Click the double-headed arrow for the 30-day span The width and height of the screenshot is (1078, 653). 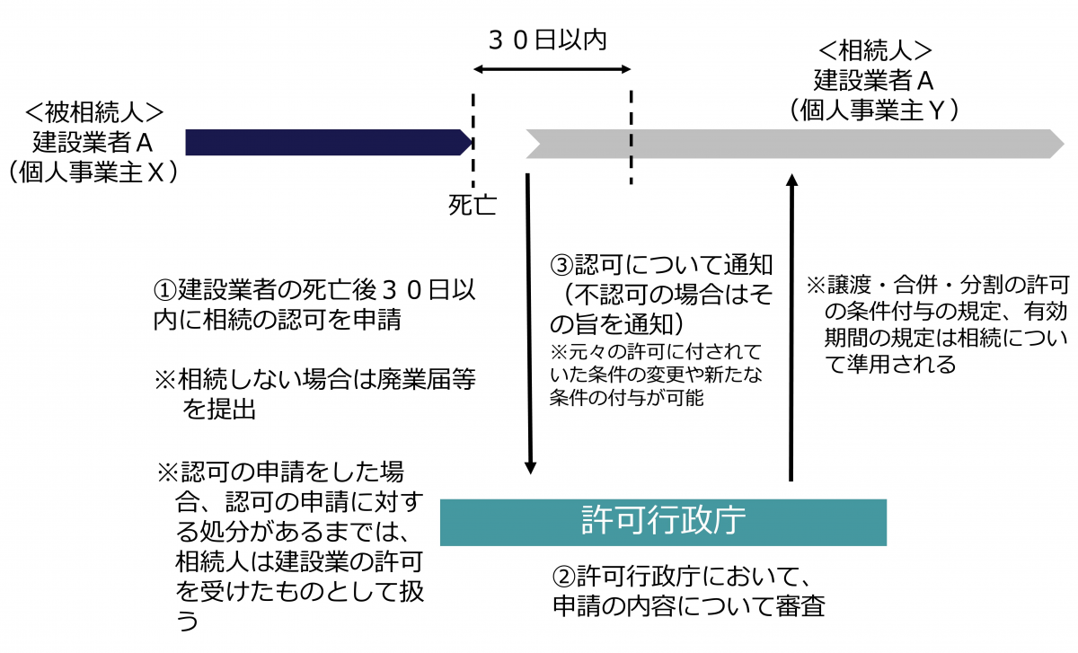pos(552,69)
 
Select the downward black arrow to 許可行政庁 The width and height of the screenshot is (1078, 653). pos(530,323)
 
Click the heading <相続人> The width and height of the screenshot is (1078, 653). pos(873,50)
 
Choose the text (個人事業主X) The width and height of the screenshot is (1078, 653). pos(93,172)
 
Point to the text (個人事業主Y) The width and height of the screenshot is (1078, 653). pos(873,110)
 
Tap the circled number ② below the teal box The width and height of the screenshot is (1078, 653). pos(563,575)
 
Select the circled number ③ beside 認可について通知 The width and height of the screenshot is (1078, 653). pos(561,266)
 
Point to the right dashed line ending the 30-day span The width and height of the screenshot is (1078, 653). pos(631,135)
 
